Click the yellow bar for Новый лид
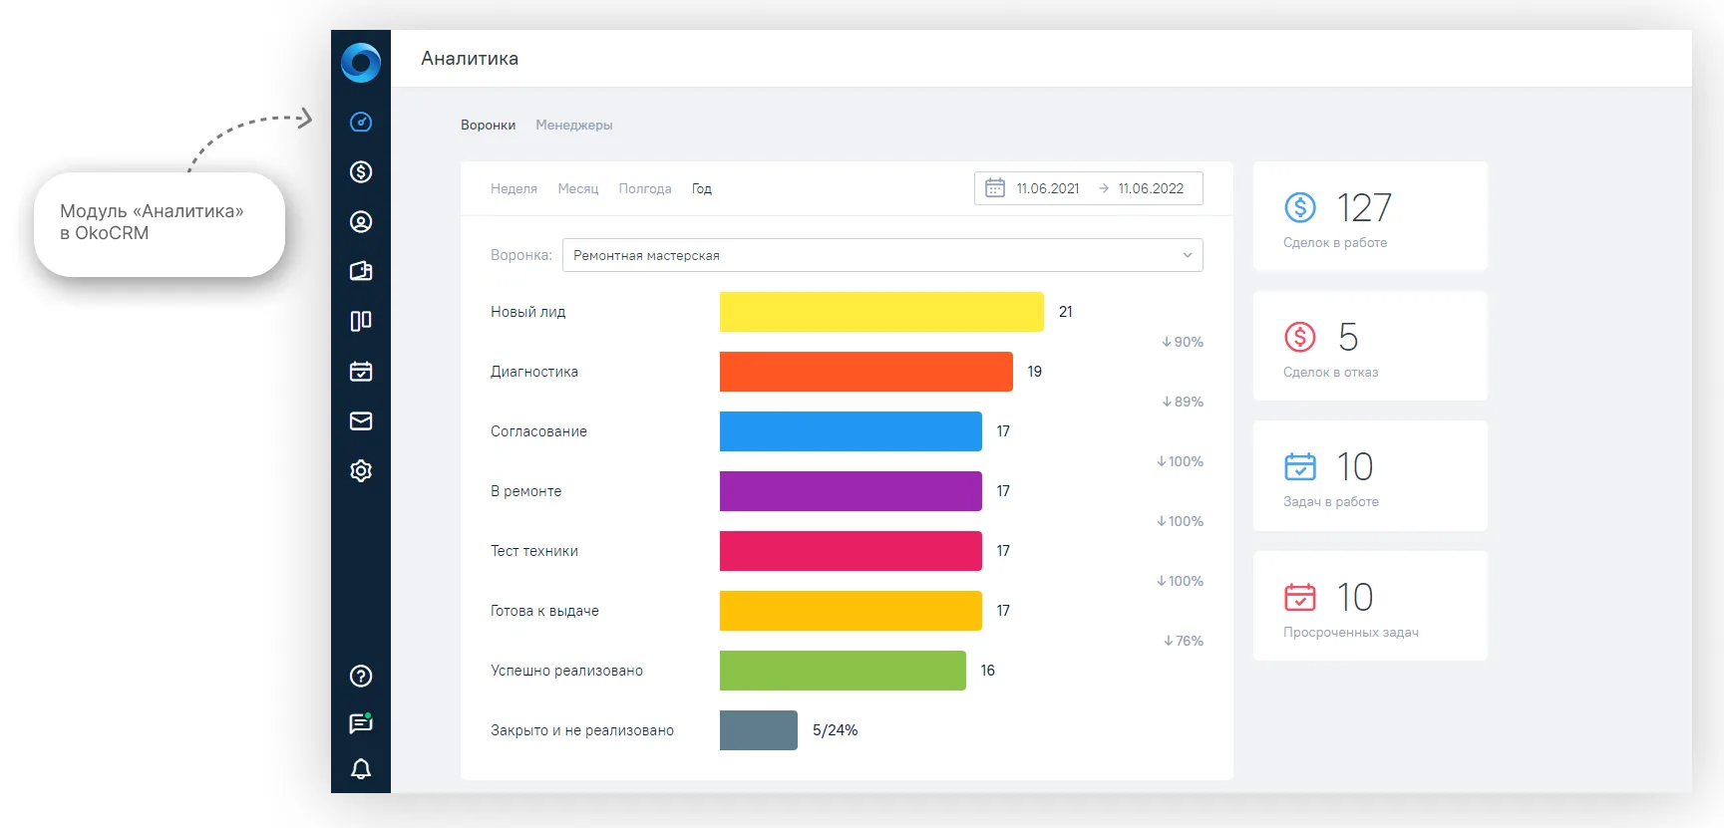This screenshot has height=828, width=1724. (881, 312)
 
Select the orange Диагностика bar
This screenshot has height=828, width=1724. (866, 372)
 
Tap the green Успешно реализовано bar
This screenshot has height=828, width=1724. (843, 671)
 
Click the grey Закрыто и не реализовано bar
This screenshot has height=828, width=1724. (759, 730)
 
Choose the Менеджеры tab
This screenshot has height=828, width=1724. (574, 126)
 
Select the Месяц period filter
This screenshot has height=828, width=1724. (578, 189)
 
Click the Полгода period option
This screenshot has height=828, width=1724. (645, 189)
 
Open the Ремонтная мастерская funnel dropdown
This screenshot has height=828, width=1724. (882, 255)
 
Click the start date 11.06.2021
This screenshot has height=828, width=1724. (1048, 188)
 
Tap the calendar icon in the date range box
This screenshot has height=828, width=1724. (995, 188)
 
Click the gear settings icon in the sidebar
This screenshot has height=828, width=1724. (361, 470)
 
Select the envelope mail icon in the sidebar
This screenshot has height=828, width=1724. (361, 421)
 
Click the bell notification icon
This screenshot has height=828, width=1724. (361, 768)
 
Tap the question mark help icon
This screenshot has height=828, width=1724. (361, 677)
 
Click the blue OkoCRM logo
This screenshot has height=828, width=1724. (361, 62)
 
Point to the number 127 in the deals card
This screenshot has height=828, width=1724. (1364, 208)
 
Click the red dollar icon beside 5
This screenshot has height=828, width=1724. (1300, 337)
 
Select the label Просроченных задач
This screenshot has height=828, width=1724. (1351, 633)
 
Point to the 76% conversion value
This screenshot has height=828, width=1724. (1184, 641)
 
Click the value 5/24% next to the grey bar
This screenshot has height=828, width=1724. (836, 730)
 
